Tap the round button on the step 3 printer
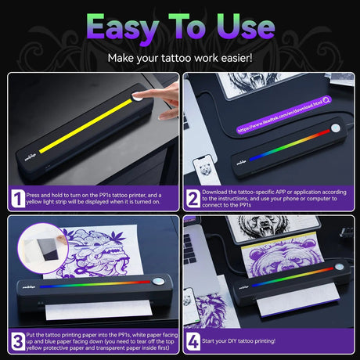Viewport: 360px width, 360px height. [x=157, y=282]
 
